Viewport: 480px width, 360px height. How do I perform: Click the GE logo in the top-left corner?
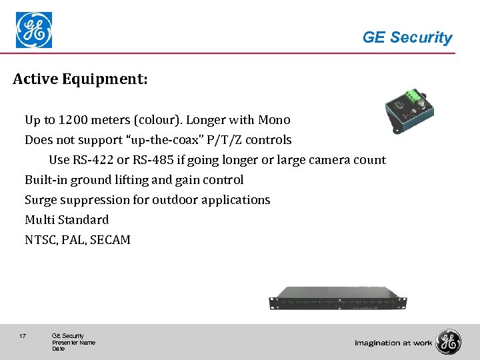coord(33,30)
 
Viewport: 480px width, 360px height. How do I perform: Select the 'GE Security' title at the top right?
coord(407,38)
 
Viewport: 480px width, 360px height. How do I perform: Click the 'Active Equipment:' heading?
coord(80,80)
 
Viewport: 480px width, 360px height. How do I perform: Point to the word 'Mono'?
coord(275,120)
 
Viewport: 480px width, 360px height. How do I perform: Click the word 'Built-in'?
coord(46,180)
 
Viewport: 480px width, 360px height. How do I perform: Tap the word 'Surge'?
coord(41,200)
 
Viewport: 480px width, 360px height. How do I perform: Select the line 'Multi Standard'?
coord(67,220)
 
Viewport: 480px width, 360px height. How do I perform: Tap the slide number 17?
coord(23,336)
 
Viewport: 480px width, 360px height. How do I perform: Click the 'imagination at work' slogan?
coord(393,343)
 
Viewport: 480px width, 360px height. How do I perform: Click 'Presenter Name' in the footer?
coord(73,343)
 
